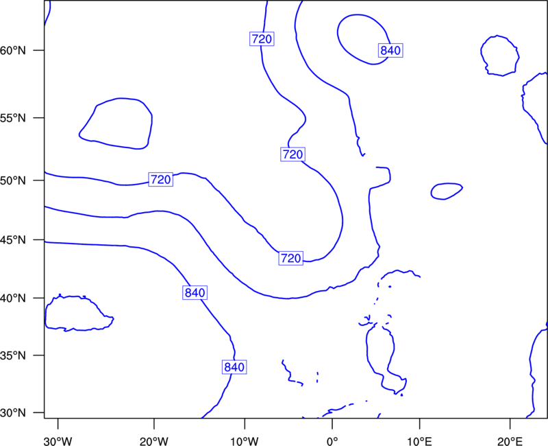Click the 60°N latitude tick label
(13, 51)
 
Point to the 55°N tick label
(13, 118)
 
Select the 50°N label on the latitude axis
(13, 180)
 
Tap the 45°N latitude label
(13, 240)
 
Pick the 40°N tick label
(13, 298)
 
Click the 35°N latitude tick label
(13, 355)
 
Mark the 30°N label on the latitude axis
(13, 413)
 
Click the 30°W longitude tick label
(58, 441)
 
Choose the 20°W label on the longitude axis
(153, 441)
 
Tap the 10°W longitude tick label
(245, 441)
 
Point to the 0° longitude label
(332, 441)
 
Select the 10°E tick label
(419, 441)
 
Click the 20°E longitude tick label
(510, 441)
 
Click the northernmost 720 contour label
(262, 39)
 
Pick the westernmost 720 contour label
(161, 180)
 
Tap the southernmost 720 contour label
(290, 259)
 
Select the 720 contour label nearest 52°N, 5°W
(292, 154)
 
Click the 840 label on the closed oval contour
(390, 51)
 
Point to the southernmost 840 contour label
(234, 367)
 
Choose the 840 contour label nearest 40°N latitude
(195, 293)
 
